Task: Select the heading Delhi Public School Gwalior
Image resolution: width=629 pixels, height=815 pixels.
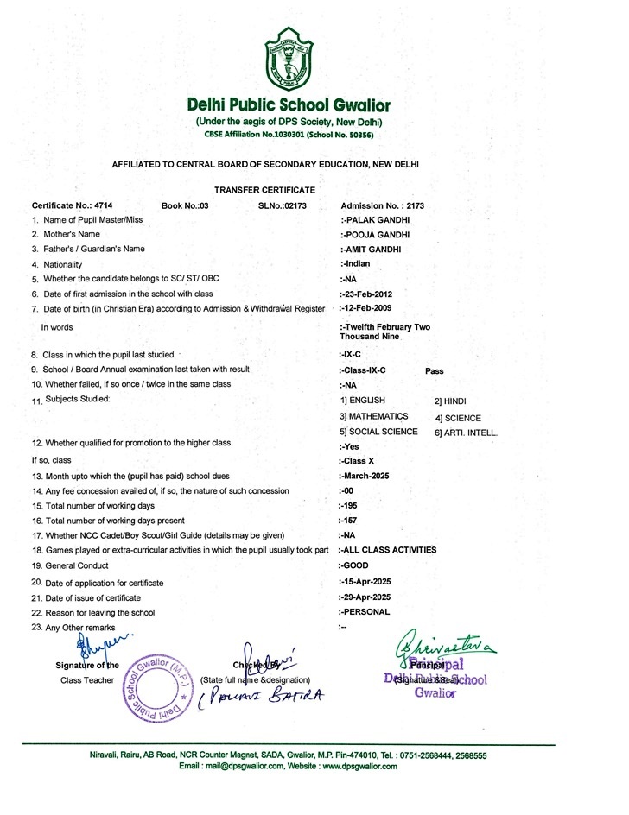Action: [289, 105]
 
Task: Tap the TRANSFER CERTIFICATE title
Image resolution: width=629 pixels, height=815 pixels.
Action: [264, 189]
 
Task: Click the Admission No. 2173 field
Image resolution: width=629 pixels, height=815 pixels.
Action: [382, 206]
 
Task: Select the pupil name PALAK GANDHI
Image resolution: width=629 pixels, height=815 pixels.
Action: [375, 220]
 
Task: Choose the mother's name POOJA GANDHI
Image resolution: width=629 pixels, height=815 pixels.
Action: [375, 234]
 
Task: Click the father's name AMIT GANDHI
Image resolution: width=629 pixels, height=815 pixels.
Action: [372, 249]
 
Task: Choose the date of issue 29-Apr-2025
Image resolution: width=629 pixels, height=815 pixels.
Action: [366, 597]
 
